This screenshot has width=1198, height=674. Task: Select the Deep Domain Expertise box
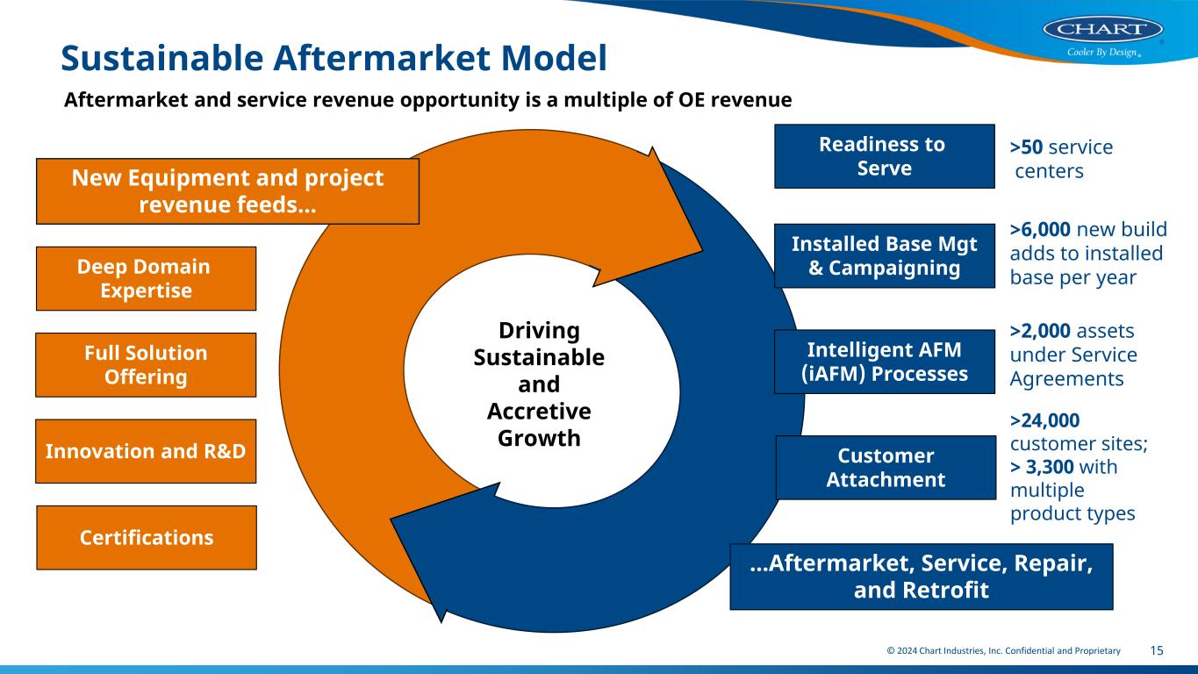click(146, 278)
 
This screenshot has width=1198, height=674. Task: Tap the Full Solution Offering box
click(146, 364)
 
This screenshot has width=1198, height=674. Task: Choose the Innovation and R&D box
click(146, 451)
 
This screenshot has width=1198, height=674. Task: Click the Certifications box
click(146, 537)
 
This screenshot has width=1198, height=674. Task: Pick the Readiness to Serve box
click(883, 156)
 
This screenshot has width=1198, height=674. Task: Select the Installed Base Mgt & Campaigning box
click(884, 256)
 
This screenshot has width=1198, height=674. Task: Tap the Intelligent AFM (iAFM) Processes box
click(884, 362)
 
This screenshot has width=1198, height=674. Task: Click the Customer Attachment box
click(886, 468)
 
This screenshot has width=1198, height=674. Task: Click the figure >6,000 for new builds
click(1040, 230)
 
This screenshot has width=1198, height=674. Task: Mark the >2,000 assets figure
click(1040, 331)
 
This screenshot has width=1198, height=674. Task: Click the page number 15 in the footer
click(1157, 650)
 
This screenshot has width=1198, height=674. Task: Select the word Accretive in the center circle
click(539, 412)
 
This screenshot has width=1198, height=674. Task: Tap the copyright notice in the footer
click(1003, 650)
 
